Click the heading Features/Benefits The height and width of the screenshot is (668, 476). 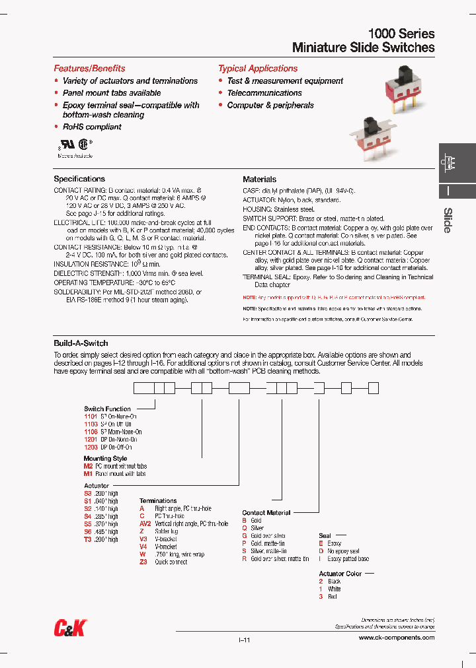point(89,69)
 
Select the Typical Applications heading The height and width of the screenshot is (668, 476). point(258,69)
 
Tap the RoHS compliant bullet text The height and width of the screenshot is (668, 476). point(92,127)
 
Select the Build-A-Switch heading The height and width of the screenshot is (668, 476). point(81,343)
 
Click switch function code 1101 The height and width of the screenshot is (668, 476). point(91,417)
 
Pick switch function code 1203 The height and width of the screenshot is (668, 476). point(91,447)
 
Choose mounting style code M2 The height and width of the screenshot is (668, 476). point(88,466)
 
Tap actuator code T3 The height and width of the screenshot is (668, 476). point(87,539)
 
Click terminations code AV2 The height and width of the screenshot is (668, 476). point(145,524)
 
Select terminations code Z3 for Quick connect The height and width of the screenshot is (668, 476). point(143,562)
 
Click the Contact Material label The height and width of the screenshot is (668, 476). point(266,512)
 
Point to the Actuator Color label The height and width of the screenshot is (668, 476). point(340,574)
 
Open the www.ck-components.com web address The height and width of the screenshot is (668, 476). point(396,638)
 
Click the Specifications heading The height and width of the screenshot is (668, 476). point(79,179)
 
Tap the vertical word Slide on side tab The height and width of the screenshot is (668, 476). point(448,220)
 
